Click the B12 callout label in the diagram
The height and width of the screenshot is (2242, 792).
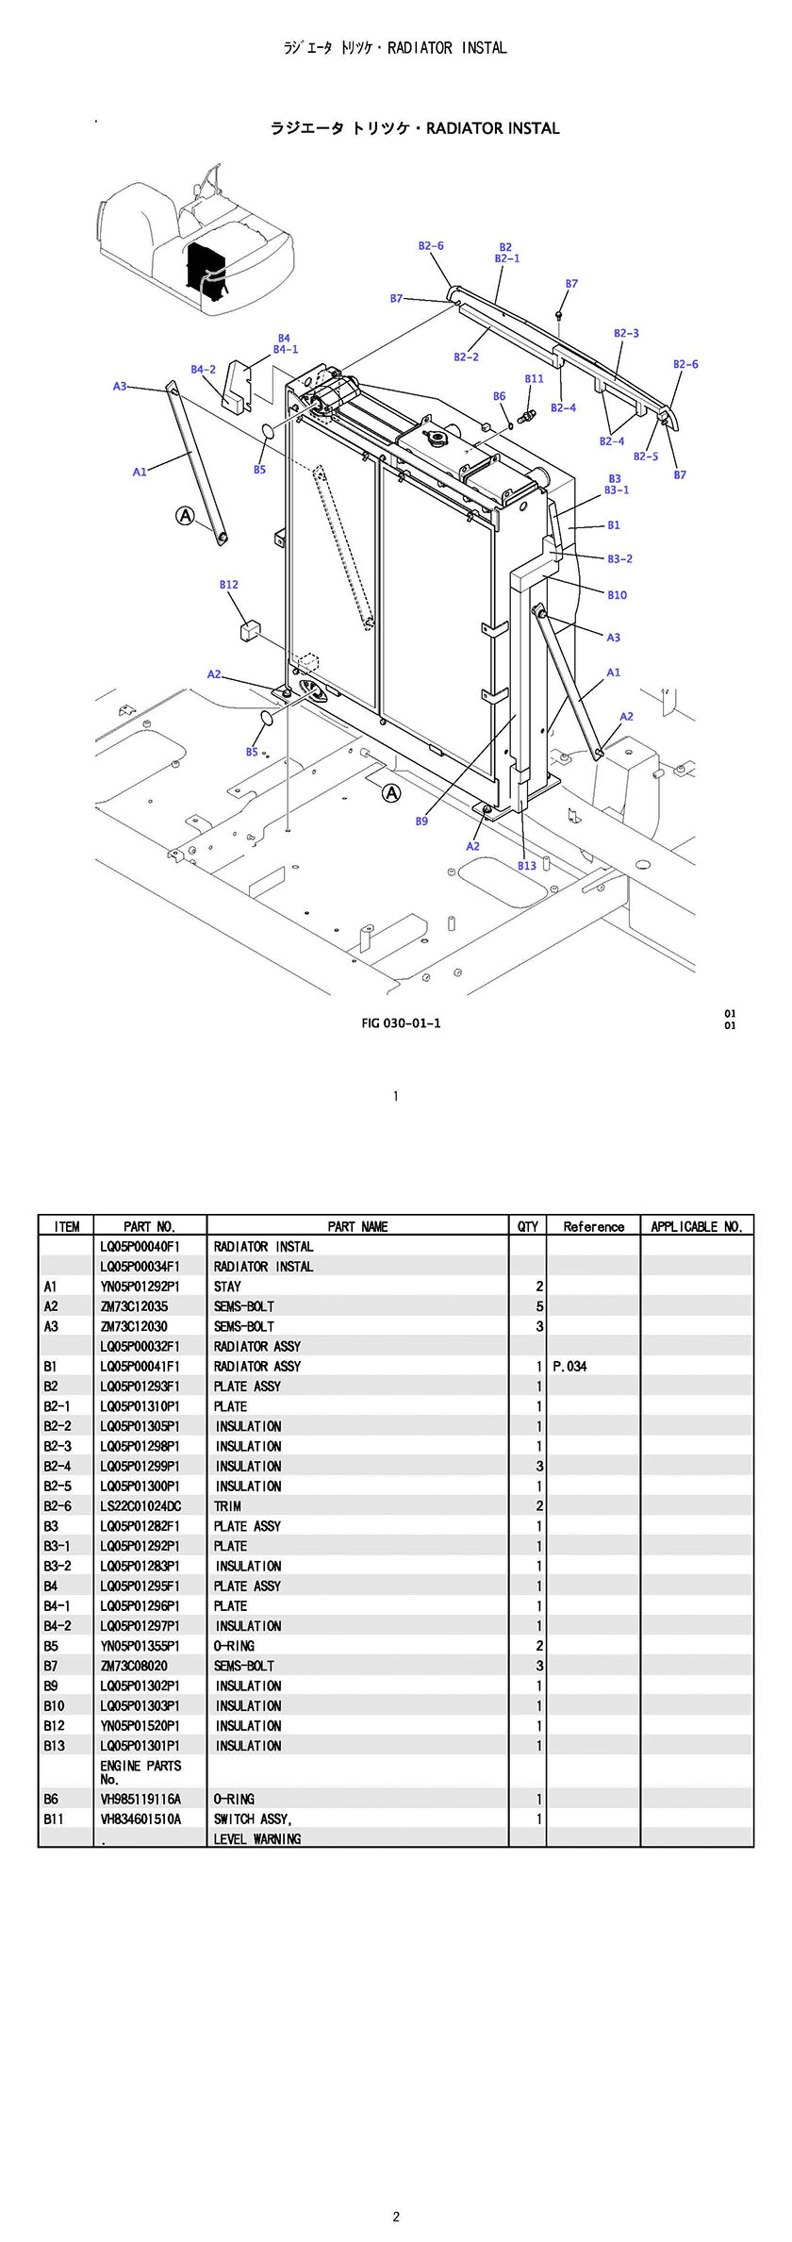(x=229, y=585)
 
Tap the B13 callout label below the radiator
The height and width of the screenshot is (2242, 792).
(x=526, y=866)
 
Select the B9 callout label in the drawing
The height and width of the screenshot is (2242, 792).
(x=421, y=822)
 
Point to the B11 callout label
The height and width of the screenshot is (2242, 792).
(x=534, y=379)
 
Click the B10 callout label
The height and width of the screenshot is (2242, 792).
(x=617, y=595)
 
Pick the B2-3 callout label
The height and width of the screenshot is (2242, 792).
(x=626, y=334)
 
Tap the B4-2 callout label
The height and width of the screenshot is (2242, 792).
(x=203, y=370)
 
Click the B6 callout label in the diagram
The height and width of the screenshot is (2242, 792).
(x=500, y=396)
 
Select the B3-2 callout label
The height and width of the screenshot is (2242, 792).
(x=619, y=559)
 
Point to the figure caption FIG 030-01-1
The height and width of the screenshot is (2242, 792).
(x=401, y=1023)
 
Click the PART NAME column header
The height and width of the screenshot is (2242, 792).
(x=357, y=1226)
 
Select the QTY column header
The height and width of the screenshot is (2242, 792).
(x=528, y=1226)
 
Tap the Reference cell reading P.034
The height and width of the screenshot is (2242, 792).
(x=569, y=1366)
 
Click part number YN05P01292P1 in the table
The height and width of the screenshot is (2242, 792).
(x=140, y=1287)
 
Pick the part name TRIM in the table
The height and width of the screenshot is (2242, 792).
(x=227, y=1506)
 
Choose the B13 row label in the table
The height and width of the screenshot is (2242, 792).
(x=55, y=1746)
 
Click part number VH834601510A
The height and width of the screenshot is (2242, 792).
(x=140, y=1819)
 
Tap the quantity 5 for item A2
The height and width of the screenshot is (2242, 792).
(x=539, y=1306)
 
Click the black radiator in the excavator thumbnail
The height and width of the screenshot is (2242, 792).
(x=205, y=267)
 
